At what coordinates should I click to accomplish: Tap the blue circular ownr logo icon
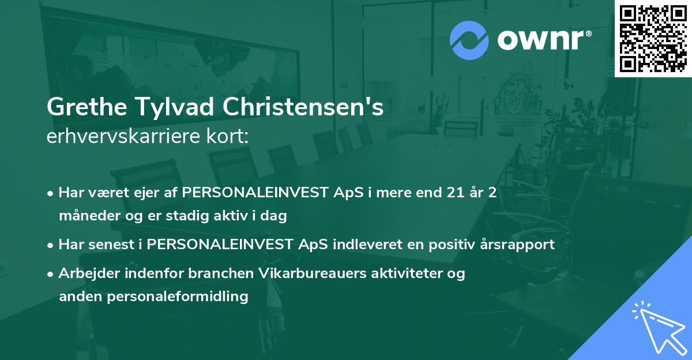469,40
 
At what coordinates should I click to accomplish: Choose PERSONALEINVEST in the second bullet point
219,244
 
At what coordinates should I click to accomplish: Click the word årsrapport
514,244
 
